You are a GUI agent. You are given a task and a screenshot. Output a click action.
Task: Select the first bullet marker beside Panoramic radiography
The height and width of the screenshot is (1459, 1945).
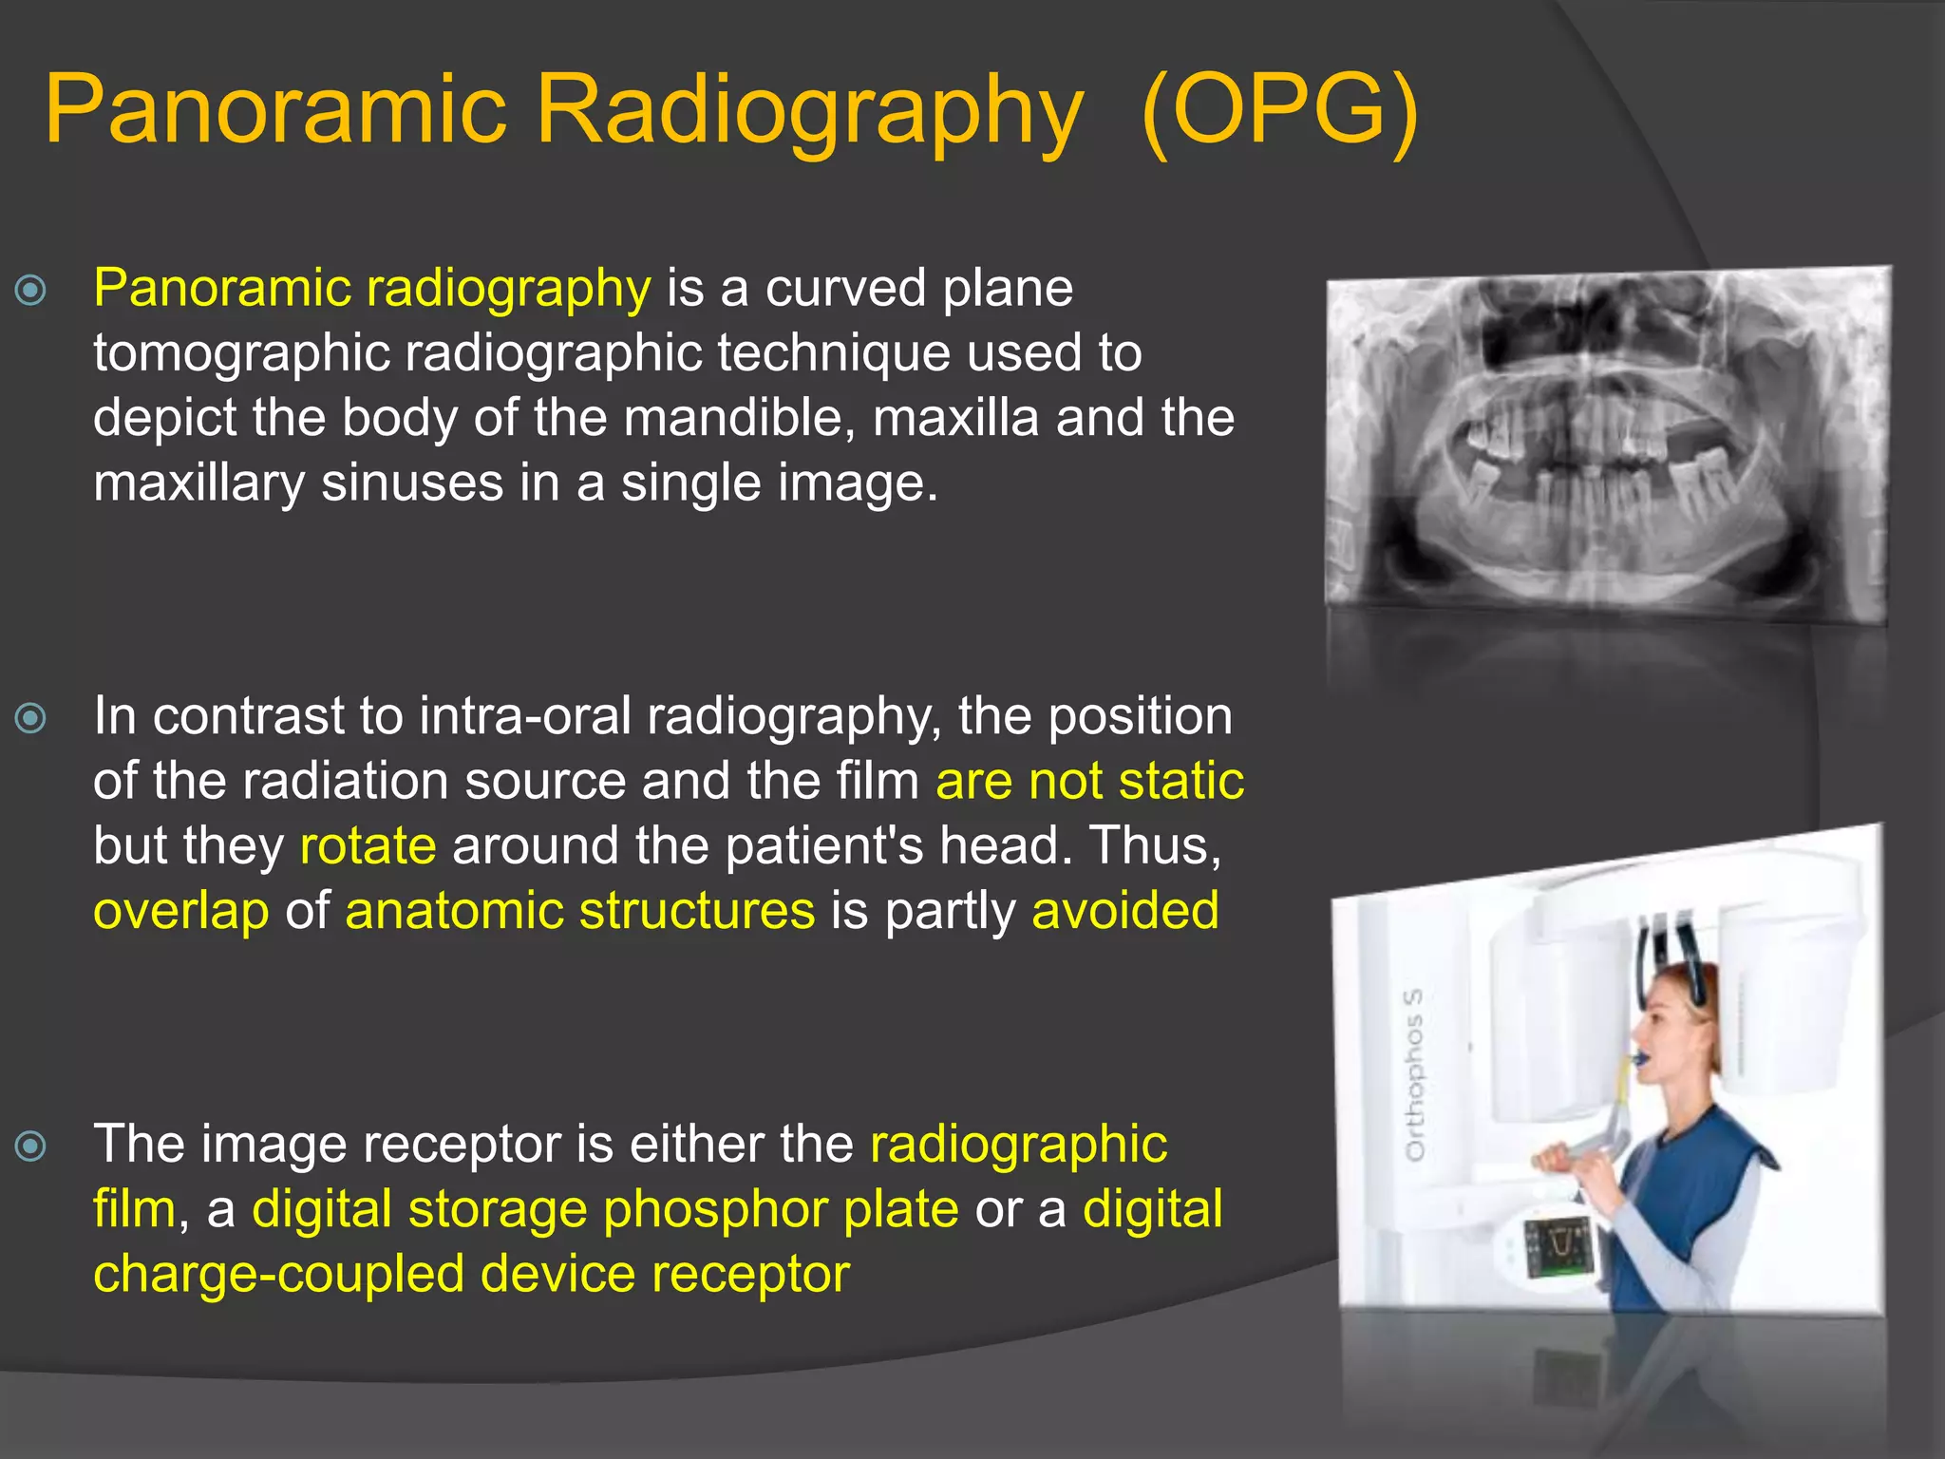(x=31, y=290)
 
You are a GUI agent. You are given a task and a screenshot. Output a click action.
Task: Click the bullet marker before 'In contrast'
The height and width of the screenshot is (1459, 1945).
(x=31, y=717)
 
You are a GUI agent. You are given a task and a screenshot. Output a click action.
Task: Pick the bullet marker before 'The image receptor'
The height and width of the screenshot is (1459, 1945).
(x=31, y=1146)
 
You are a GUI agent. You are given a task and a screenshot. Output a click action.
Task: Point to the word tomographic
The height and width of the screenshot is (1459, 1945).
(x=241, y=353)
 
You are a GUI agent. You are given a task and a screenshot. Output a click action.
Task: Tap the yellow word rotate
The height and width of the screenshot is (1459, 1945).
(x=368, y=845)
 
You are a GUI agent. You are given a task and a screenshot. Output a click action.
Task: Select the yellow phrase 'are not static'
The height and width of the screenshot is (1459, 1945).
(x=1089, y=781)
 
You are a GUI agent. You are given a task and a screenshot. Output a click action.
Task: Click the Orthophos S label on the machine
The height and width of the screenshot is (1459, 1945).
(x=1414, y=1073)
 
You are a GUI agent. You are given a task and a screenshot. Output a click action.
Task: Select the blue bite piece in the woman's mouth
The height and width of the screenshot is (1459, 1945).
(x=1640, y=1057)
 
